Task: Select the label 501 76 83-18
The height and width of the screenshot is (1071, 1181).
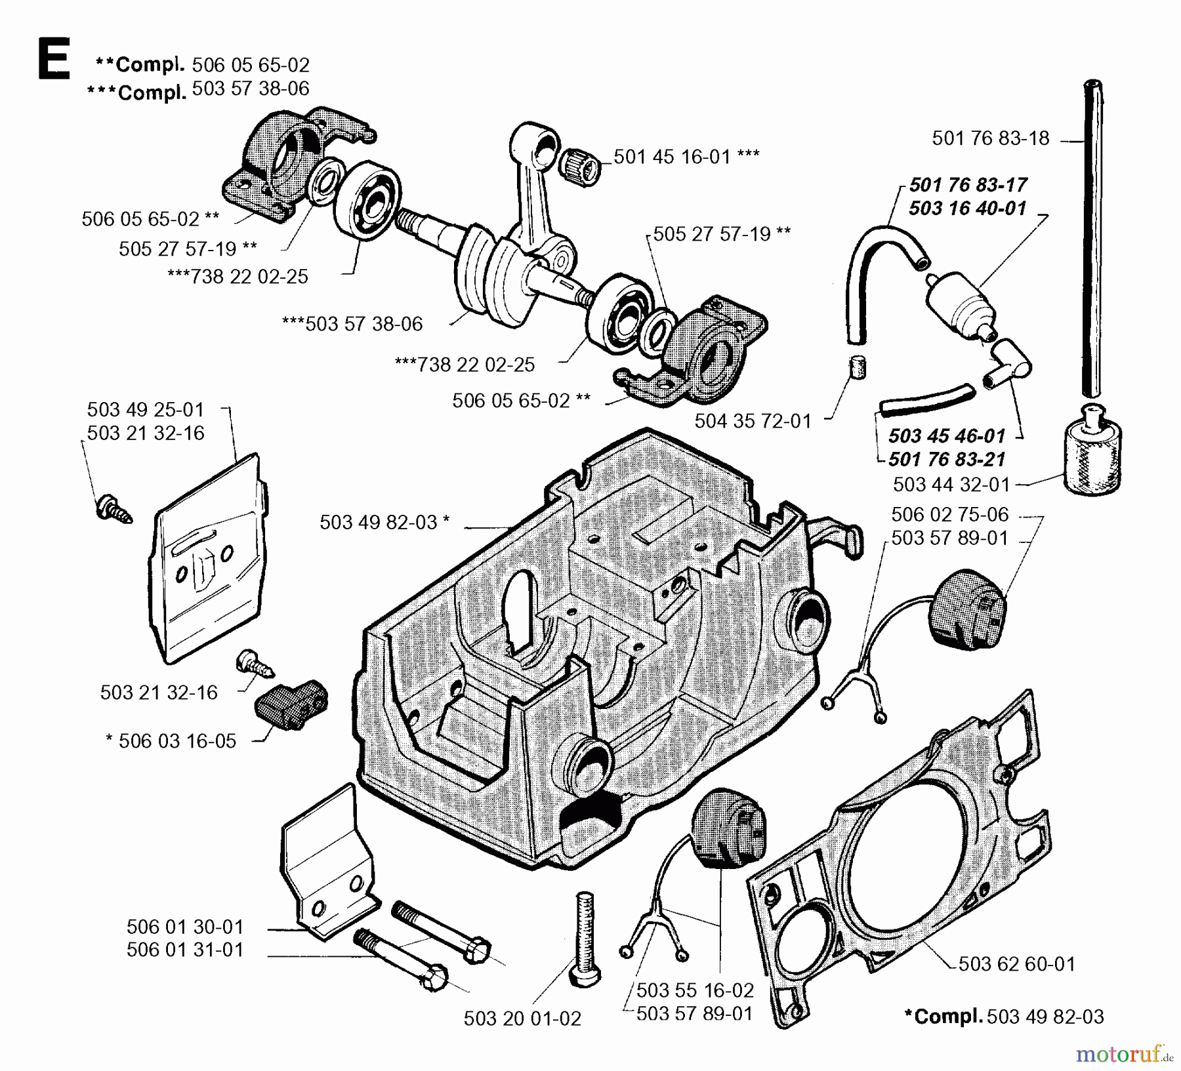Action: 990,138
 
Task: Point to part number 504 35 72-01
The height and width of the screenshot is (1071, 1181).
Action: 753,421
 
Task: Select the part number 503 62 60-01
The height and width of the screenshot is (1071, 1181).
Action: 1016,964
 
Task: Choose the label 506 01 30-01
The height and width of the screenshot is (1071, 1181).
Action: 184,927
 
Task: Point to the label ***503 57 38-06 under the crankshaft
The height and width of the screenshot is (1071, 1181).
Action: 352,324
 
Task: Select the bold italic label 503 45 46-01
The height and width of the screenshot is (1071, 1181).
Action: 947,436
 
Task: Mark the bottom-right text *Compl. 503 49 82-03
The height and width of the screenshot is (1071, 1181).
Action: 1004,1017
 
